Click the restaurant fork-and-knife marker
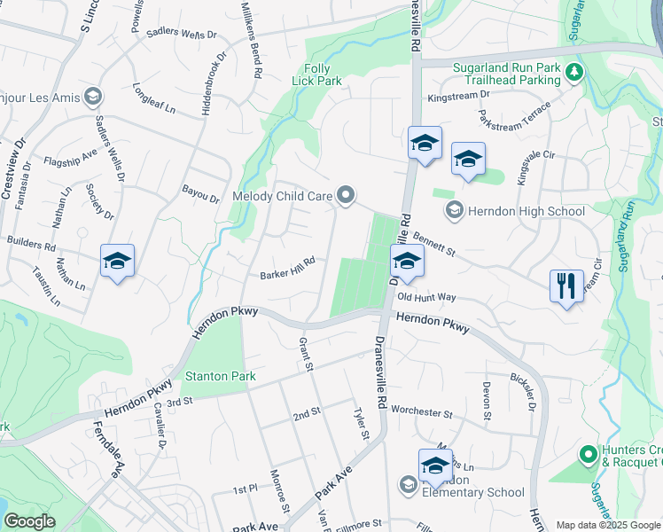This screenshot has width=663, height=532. click(566, 286)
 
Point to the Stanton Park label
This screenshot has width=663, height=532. click(220, 376)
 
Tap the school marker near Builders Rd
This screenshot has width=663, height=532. click(117, 262)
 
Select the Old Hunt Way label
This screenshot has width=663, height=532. click(426, 298)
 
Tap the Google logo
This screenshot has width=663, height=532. click(29, 521)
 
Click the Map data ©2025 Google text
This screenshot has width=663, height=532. click(608, 525)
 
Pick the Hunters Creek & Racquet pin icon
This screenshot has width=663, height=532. click(587, 455)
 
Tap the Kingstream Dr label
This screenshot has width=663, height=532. click(459, 95)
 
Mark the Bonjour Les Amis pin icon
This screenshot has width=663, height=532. click(92, 97)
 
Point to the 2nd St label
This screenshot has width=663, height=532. click(307, 414)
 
